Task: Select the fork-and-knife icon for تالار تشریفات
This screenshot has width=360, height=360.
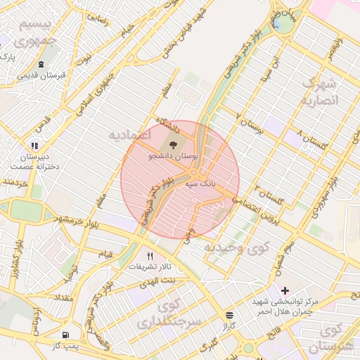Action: coord(149,256)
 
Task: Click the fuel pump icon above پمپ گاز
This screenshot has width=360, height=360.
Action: coord(65,335)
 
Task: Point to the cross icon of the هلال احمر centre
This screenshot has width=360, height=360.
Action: coord(285,290)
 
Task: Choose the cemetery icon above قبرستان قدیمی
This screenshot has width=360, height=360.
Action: coord(41,64)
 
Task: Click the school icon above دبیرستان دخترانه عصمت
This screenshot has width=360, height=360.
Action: coord(34,146)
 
